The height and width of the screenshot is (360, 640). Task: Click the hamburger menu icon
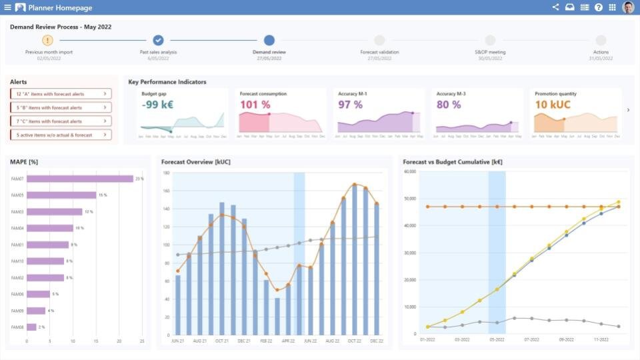click(7, 7)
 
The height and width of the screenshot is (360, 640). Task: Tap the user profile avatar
click(628, 7)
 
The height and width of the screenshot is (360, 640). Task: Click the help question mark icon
click(598, 7)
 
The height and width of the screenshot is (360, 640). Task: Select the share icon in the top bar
click(555, 7)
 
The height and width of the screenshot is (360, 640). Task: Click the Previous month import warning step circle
click(47, 41)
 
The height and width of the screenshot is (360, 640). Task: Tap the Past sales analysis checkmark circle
click(158, 41)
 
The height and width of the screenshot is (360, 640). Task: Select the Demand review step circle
click(269, 41)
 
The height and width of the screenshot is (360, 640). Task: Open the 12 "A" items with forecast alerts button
click(61, 94)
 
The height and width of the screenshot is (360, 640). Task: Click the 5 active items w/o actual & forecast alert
click(61, 135)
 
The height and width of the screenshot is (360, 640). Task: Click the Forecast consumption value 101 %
click(255, 105)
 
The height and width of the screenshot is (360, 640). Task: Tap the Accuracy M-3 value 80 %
click(449, 105)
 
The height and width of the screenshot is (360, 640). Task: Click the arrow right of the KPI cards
click(628, 110)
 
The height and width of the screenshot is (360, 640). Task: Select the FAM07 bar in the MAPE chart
click(80, 179)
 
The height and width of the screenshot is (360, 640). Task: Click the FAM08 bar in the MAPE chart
click(31, 327)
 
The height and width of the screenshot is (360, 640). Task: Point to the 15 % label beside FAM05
click(102, 195)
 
